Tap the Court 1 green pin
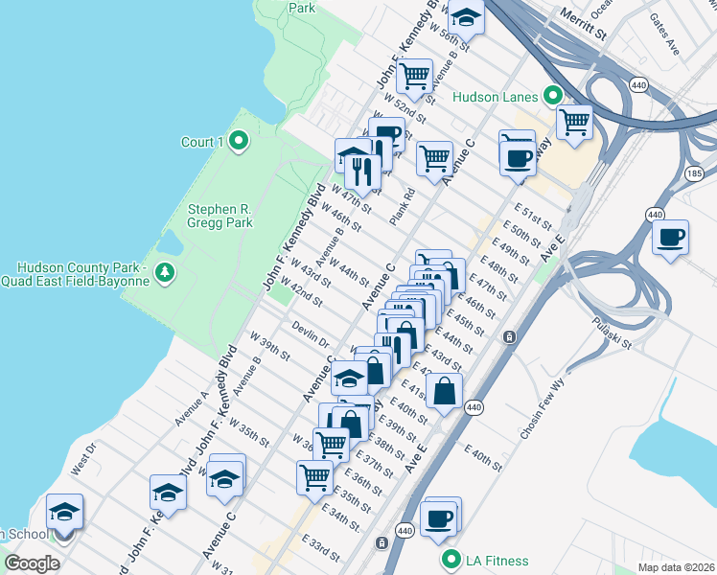(x=239, y=143)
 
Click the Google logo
(x=32, y=563)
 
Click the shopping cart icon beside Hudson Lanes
(x=574, y=121)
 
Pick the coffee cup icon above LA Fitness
(x=440, y=517)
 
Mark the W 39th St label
(x=270, y=345)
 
